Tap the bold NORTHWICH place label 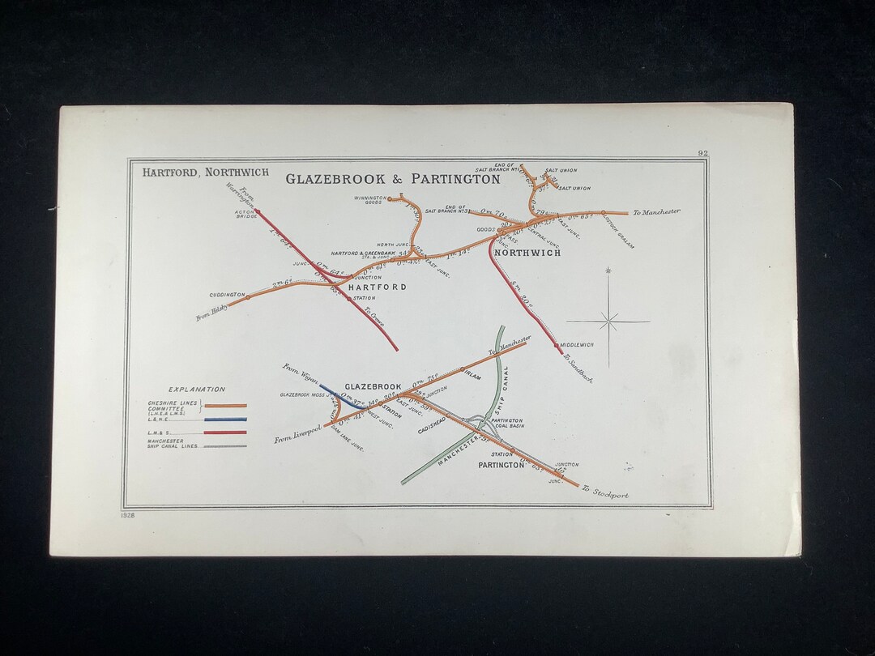point(527,253)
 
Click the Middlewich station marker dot point(557,345)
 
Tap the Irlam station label point(474,377)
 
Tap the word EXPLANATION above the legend point(197,390)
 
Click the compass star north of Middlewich point(609,321)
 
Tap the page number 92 point(702,153)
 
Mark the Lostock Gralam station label point(619,232)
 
